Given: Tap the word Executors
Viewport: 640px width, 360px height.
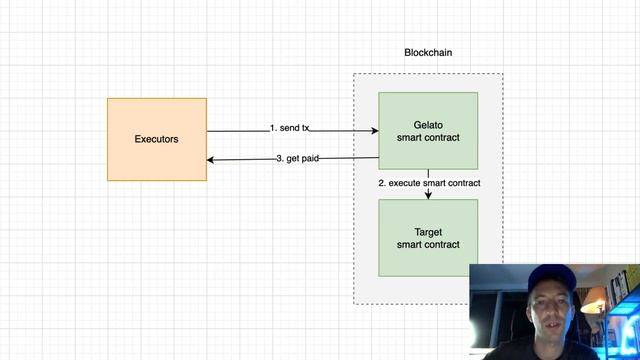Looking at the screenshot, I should [157, 139].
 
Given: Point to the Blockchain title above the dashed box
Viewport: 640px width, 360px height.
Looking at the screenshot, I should [428, 53].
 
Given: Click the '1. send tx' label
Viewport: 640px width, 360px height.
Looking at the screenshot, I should [290, 128].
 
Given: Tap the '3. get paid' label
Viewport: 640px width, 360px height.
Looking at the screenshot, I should [298, 159].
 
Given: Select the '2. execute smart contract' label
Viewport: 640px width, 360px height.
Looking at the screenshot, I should [429, 183].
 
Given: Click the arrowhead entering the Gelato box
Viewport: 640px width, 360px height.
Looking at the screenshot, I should [374, 131].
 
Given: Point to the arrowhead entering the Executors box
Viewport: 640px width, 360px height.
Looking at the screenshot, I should [211, 160].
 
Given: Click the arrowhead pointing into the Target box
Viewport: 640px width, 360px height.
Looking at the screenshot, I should [428, 195].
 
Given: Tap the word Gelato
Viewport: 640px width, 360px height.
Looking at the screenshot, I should [428, 124].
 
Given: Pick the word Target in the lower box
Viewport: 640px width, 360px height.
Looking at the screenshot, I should [428, 232].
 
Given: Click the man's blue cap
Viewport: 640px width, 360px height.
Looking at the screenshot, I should [553, 276].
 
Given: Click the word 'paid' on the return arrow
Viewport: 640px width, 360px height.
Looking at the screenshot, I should [309, 159].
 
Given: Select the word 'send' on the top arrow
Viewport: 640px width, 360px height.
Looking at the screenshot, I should [287, 128].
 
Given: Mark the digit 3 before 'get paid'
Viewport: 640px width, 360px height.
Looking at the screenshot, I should [279, 159].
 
